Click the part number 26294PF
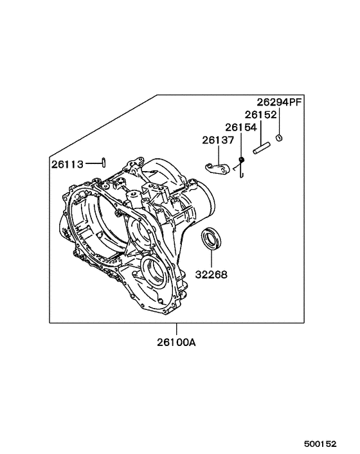[x=279, y=102]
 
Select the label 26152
[x=260, y=114]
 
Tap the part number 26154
[x=241, y=127]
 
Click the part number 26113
[x=67, y=164]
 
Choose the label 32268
[x=211, y=274]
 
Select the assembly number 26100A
[x=175, y=342]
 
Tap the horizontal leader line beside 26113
[x=91, y=164]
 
